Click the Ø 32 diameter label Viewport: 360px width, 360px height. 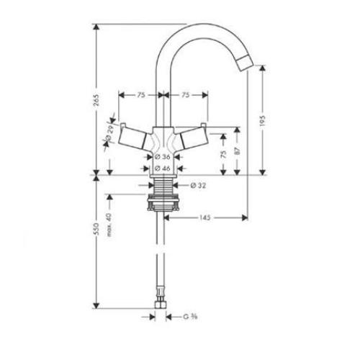point(201,185)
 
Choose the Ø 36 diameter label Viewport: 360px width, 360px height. point(162,156)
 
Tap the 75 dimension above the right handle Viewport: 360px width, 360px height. point(186,94)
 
